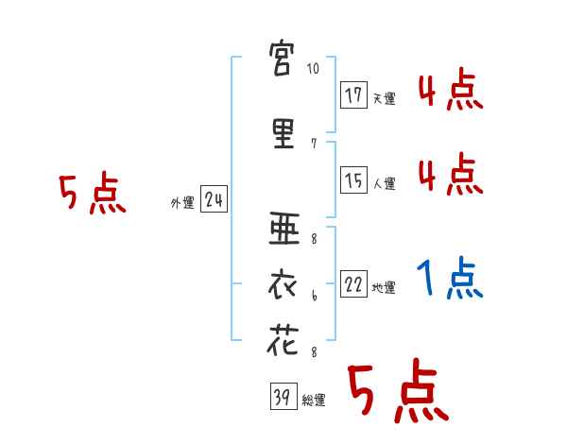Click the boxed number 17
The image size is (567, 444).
pos(353,95)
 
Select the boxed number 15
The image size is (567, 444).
pos(353,180)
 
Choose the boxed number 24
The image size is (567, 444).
pos(214,199)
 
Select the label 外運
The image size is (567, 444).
pos(181,202)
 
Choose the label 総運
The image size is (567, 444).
pos(314,401)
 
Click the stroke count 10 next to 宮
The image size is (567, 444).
pos(314,70)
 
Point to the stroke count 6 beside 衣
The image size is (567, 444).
pos(313,296)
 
